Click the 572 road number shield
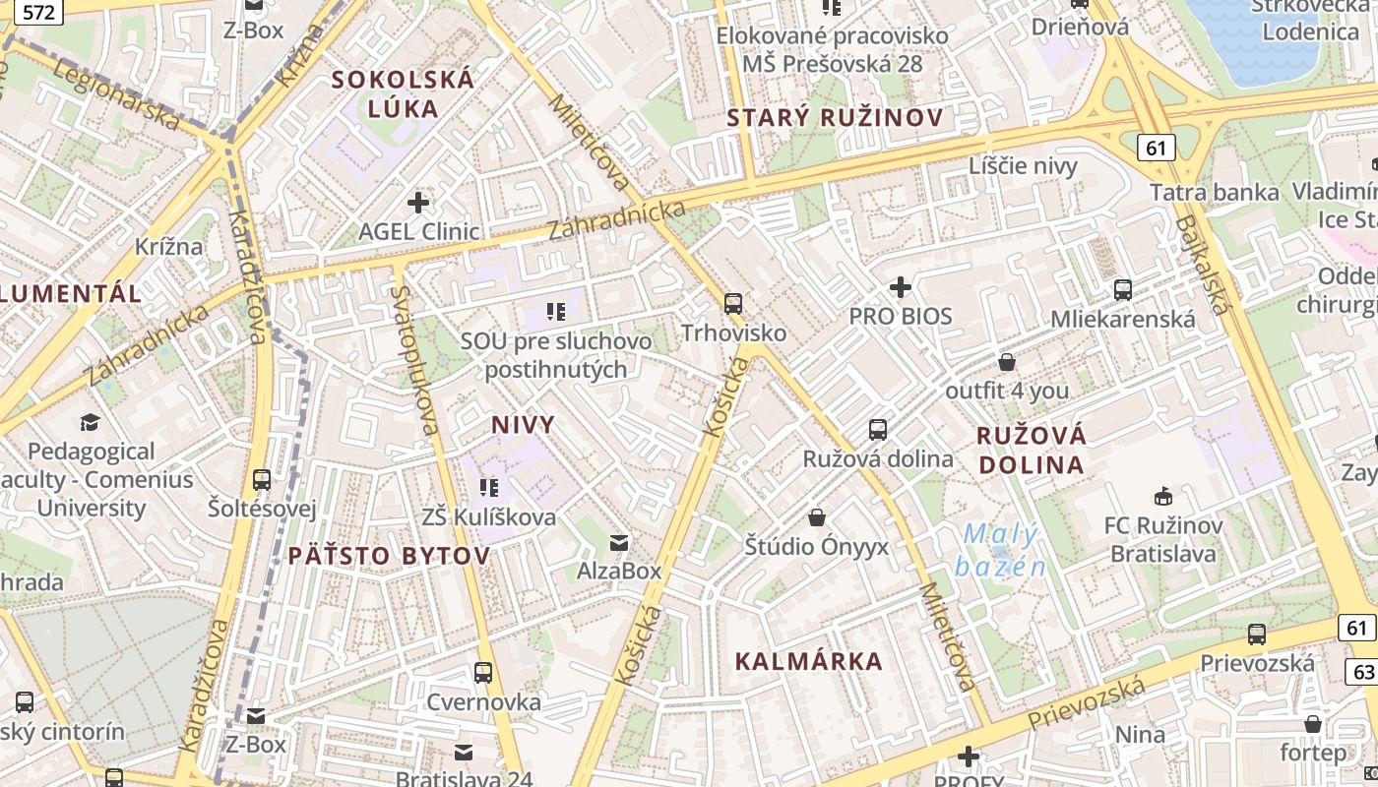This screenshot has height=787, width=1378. click(x=39, y=12)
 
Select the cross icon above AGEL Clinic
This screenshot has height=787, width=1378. click(x=418, y=204)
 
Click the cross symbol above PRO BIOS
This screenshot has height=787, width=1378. click(x=901, y=287)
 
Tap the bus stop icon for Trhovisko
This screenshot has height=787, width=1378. click(x=733, y=304)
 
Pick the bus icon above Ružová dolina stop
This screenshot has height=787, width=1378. click(x=878, y=430)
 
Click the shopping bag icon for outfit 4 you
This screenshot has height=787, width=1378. click(x=1007, y=362)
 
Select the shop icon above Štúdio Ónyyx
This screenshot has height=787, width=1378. click(x=817, y=517)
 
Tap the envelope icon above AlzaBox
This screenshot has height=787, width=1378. click(x=619, y=542)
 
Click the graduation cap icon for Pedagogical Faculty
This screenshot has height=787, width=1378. click(x=91, y=423)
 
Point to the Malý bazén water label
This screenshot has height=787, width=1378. click(x=1000, y=550)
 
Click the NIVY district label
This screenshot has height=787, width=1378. click(x=523, y=425)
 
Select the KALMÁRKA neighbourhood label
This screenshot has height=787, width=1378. click(x=809, y=661)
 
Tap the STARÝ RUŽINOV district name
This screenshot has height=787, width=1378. click(x=835, y=118)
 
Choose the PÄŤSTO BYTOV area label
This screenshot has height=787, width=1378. click(x=389, y=556)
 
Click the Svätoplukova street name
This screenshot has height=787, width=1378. click(x=413, y=360)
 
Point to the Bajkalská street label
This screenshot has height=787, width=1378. click(x=1201, y=266)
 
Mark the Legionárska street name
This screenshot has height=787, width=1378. click(x=116, y=94)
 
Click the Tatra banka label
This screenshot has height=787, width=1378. click(x=1214, y=192)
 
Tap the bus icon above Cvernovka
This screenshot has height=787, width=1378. click(x=483, y=673)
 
